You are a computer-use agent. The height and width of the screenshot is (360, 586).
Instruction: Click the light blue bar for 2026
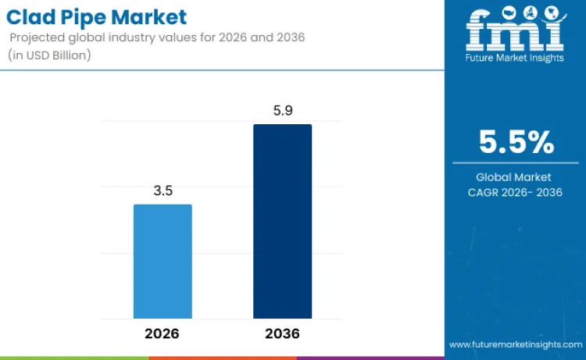[163, 261]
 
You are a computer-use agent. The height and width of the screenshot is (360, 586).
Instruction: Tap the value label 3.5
[163, 190]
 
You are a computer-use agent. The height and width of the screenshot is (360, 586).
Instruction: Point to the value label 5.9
[282, 110]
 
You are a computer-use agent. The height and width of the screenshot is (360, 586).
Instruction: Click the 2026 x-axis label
[162, 333]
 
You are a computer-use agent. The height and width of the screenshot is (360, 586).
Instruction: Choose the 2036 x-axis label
[282, 333]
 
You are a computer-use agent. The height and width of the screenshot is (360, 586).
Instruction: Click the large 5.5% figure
[516, 143]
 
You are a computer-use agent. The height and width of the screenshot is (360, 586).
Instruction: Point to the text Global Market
[513, 177]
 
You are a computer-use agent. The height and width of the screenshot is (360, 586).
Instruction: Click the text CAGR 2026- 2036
[516, 192]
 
